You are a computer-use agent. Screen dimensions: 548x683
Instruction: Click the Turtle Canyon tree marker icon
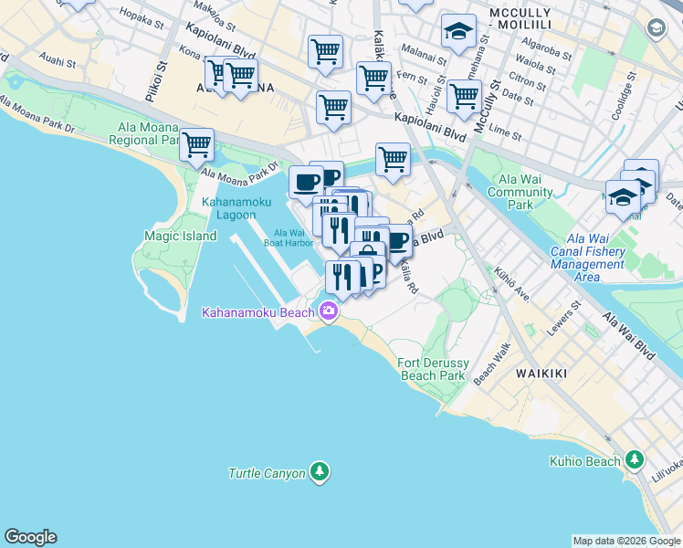click(x=319, y=472)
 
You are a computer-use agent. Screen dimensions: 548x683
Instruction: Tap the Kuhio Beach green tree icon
click(x=635, y=460)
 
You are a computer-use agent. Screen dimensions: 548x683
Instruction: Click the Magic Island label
click(x=181, y=236)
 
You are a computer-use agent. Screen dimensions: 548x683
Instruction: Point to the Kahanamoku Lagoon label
click(x=236, y=208)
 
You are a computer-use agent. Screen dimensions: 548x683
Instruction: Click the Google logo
click(x=30, y=537)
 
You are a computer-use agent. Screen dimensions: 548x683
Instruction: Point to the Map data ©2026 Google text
click(x=625, y=541)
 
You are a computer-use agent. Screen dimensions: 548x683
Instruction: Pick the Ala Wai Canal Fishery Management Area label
click(x=588, y=258)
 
